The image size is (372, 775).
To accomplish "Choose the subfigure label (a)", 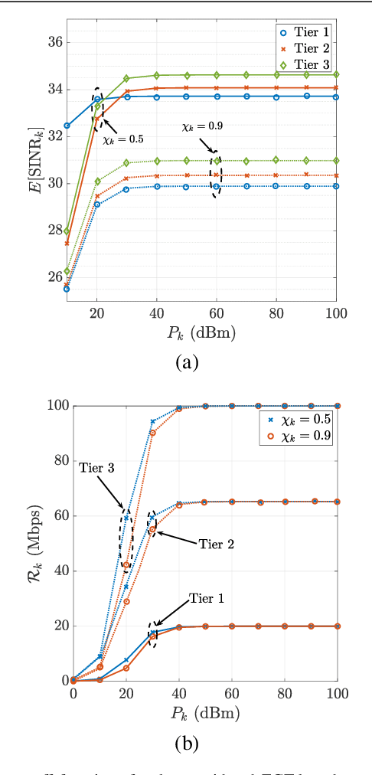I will click(x=187, y=363).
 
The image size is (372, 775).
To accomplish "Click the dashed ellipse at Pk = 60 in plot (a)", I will click(x=215, y=174).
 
